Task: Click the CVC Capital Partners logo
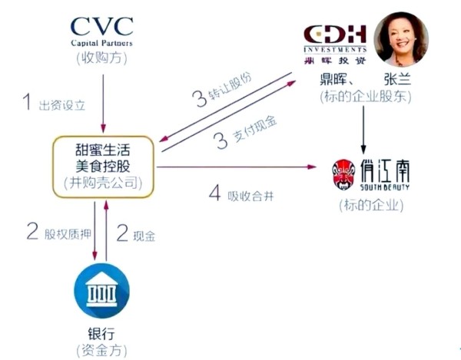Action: pyautogui.click(x=101, y=31)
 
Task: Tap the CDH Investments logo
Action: pyautogui.click(x=335, y=45)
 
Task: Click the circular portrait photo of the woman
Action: pyautogui.click(x=401, y=39)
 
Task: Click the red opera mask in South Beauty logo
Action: pyautogui.click(x=341, y=174)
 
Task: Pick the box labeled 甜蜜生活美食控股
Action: pyautogui.click(x=103, y=167)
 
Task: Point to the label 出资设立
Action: pyautogui.click(x=62, y=105)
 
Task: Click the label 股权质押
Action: pyautogui.click(x=68, y=234)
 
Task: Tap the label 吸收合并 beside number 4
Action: pyautogui.click(x=250, y=196)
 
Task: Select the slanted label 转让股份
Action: pyautogui.click(x=230, y=86)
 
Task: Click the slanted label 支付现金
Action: pyautogui.click(x=254, y=129)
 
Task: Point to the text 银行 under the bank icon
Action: pyautogui.click(x=101, y=334)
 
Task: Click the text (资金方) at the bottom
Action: pyautogui.click(x=101, y=350)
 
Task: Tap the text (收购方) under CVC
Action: pyautogui.click(x=101, y=58)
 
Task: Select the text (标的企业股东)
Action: pyautogui.click(x=366, y=97)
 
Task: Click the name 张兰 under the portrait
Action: pyautogui.click(x=397, y=79)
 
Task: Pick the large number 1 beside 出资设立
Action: pyautogui.click(x=28, y=101)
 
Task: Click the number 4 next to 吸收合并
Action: pyautogui.click(x=215, y=193)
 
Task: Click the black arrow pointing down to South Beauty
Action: pyautogui.click(x=363, y=130)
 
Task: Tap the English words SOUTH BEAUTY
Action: pyautogui.click(x=385, y=187)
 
